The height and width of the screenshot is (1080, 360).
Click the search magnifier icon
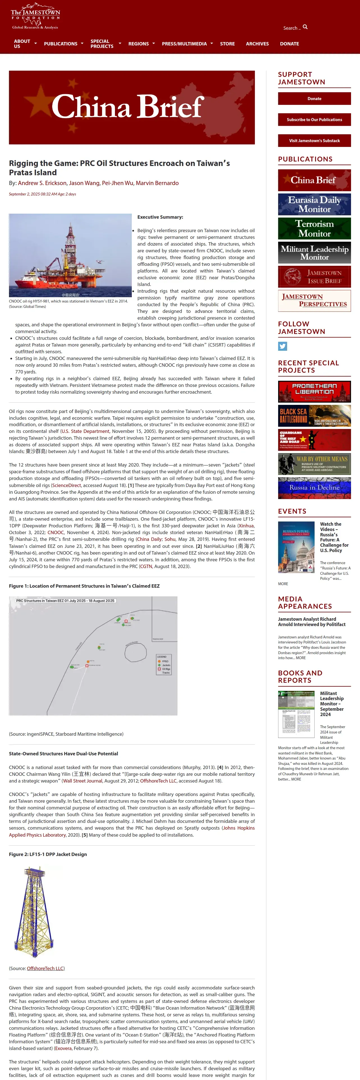305,27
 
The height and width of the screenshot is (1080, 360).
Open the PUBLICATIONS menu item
61,44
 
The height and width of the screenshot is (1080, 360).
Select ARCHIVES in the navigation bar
257,44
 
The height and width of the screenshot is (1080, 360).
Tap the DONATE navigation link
289,44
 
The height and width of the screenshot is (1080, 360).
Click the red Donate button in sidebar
314,98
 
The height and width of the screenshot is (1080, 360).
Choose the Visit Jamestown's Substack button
314,140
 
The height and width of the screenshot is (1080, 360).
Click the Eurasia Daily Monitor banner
314,204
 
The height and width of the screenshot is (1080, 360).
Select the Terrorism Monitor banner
314,229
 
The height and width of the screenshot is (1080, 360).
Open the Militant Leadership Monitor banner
314,252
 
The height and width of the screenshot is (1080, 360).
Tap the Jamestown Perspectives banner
314,301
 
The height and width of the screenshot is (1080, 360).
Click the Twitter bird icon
282,346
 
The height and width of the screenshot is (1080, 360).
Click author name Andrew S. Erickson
42,183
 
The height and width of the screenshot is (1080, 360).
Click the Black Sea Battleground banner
314,416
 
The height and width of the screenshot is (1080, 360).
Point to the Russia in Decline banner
314,488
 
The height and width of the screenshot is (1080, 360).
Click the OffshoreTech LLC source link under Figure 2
45,968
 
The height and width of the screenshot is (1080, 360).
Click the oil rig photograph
70,255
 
